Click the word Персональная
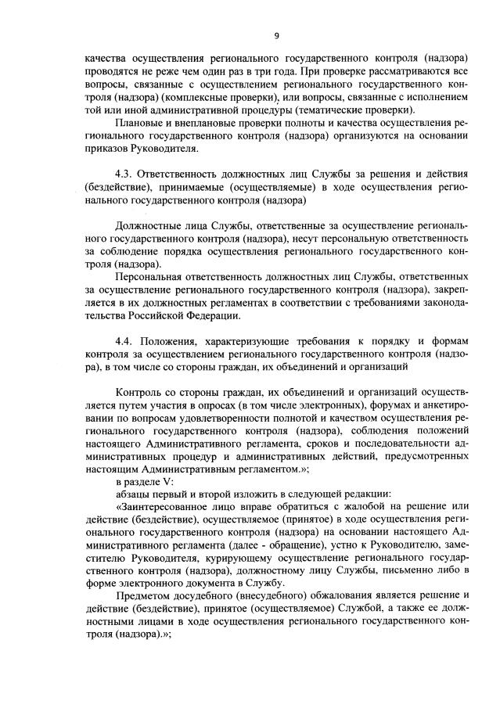coord(153,277)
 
